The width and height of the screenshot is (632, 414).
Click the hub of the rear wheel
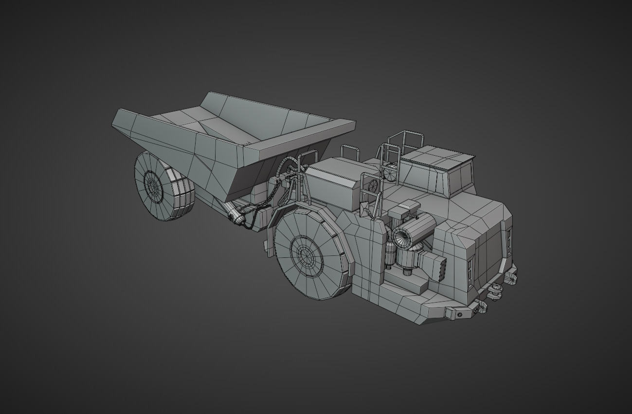point(153,185)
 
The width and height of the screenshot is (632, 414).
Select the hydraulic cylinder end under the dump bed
point(237,216)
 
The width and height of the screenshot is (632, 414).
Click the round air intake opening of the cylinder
point(402,237)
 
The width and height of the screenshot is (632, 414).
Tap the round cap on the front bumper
point(459,315)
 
